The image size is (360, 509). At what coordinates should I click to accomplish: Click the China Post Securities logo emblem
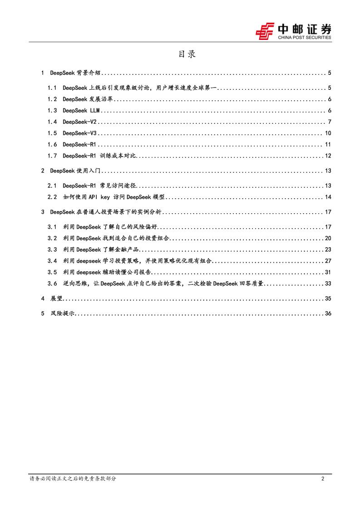[265, 31]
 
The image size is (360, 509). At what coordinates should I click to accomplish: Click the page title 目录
[187, 54]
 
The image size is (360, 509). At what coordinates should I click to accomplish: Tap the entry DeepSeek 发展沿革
[88, 99]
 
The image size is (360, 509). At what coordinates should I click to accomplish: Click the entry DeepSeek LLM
[81, 111]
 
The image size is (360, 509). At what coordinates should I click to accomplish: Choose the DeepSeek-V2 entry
[79, 122]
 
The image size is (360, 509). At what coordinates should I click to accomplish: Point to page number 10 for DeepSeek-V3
[328, 133]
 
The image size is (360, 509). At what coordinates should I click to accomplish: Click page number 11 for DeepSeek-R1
[328, 145]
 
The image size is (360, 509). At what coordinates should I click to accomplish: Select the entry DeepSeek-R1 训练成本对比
[100, 156]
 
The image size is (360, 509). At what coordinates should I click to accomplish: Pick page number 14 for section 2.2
[328, 197]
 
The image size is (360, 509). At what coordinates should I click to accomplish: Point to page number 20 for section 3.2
[328, 238]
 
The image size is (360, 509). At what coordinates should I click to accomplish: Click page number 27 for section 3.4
[328, 261]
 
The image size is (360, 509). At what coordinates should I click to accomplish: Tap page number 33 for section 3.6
[328, 284]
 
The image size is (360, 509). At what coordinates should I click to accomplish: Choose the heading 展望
[56, 299]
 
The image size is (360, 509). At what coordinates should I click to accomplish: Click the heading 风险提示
[62, 313]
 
